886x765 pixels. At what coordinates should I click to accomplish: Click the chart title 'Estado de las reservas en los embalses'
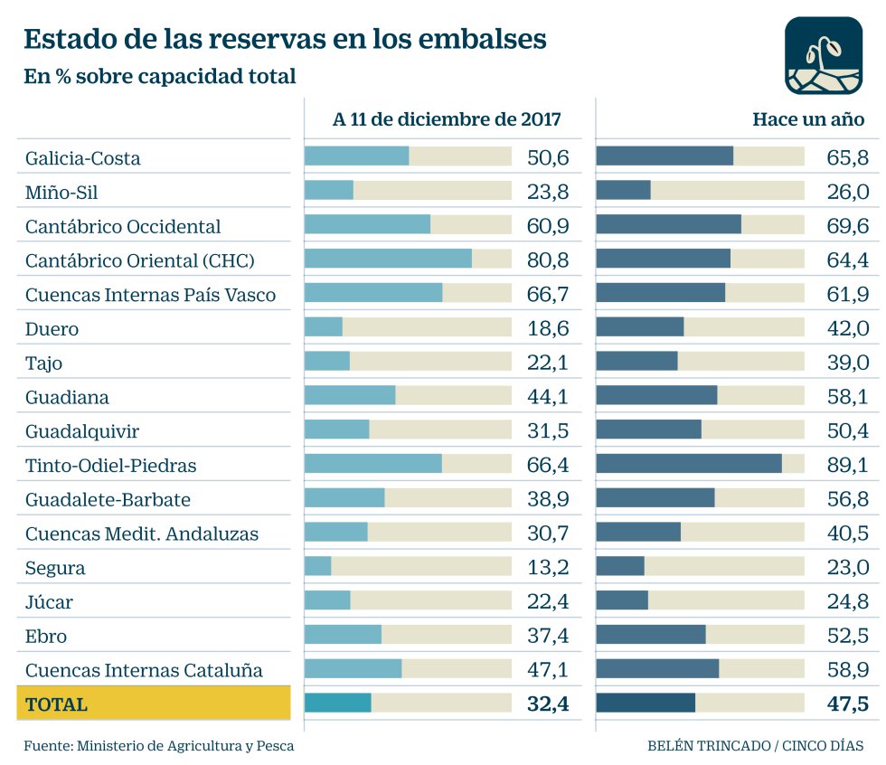[285, 40]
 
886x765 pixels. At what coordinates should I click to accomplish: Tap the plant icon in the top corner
[823, 55]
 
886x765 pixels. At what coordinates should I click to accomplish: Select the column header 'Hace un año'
[808, 119]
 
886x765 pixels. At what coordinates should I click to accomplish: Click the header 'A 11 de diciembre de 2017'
[447, 119]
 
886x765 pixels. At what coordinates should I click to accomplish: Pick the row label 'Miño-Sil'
[61, 192]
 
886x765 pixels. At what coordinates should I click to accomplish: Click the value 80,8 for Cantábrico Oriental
[548, 260]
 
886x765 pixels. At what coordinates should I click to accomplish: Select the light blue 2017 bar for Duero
[324, 328]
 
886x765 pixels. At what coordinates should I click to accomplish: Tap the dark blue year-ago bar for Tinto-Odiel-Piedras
[689, 465]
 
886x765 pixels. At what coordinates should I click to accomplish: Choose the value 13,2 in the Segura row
[548, 568]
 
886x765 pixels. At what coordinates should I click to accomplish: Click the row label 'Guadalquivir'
[82, 430]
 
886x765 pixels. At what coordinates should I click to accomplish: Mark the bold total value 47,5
[847, 704]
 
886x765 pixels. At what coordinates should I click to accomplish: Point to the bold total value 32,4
[548, 704]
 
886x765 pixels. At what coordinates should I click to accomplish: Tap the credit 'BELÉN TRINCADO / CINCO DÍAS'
[755, 746]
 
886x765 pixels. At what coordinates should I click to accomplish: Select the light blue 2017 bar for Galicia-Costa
[356, 156]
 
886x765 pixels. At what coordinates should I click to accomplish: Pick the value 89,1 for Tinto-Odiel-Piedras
[847, 465]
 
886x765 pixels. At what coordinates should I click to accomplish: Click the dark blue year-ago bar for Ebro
[651, 635]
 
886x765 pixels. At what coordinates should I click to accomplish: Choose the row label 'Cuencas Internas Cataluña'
[144, 670]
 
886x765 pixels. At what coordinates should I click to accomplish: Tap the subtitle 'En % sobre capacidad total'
[160, 77]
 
